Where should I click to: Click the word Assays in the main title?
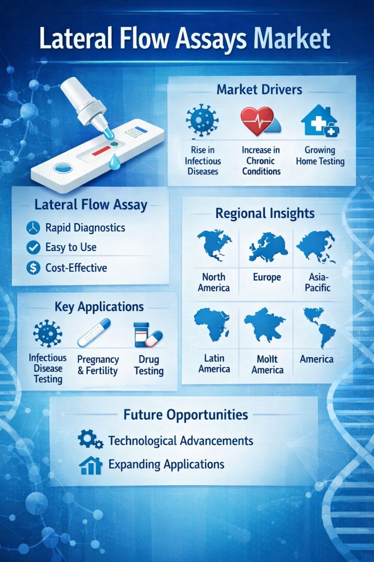(x=211, y=39)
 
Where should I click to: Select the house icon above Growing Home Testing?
(x=320, y=121)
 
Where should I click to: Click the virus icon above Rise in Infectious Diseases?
(x=202, y=120)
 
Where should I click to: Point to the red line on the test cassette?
(x=101, y=151)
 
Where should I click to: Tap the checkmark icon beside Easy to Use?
(x=33, y=247)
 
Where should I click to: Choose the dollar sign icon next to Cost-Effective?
(x=33, y=268)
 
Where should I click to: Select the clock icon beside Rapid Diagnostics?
(x=33, y=227)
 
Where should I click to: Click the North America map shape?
(x=214, y=245)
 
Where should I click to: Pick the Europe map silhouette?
(x=268, y=247)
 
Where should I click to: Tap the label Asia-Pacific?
(x=318, y=282)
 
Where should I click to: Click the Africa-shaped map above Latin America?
(x=212, y=324)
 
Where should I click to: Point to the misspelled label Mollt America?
(x=267, y=364)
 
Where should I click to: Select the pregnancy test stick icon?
(x=94, y=333)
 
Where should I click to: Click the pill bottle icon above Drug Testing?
(x=141, y=335)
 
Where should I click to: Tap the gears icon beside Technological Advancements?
(x=90, y=440)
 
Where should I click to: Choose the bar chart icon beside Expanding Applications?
(x=91, y=465)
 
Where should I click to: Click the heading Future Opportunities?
(x=185, y=415)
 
